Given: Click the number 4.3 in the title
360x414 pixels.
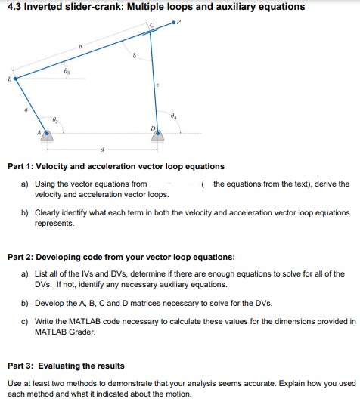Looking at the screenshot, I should (x=16, y=7).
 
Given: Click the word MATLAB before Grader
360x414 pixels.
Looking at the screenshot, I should (x=53, y=332).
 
